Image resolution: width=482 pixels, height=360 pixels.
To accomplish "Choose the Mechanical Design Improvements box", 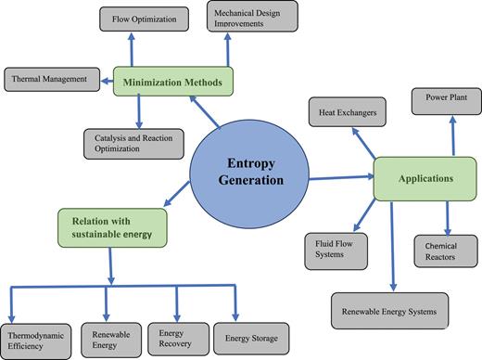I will click(251, 16).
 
